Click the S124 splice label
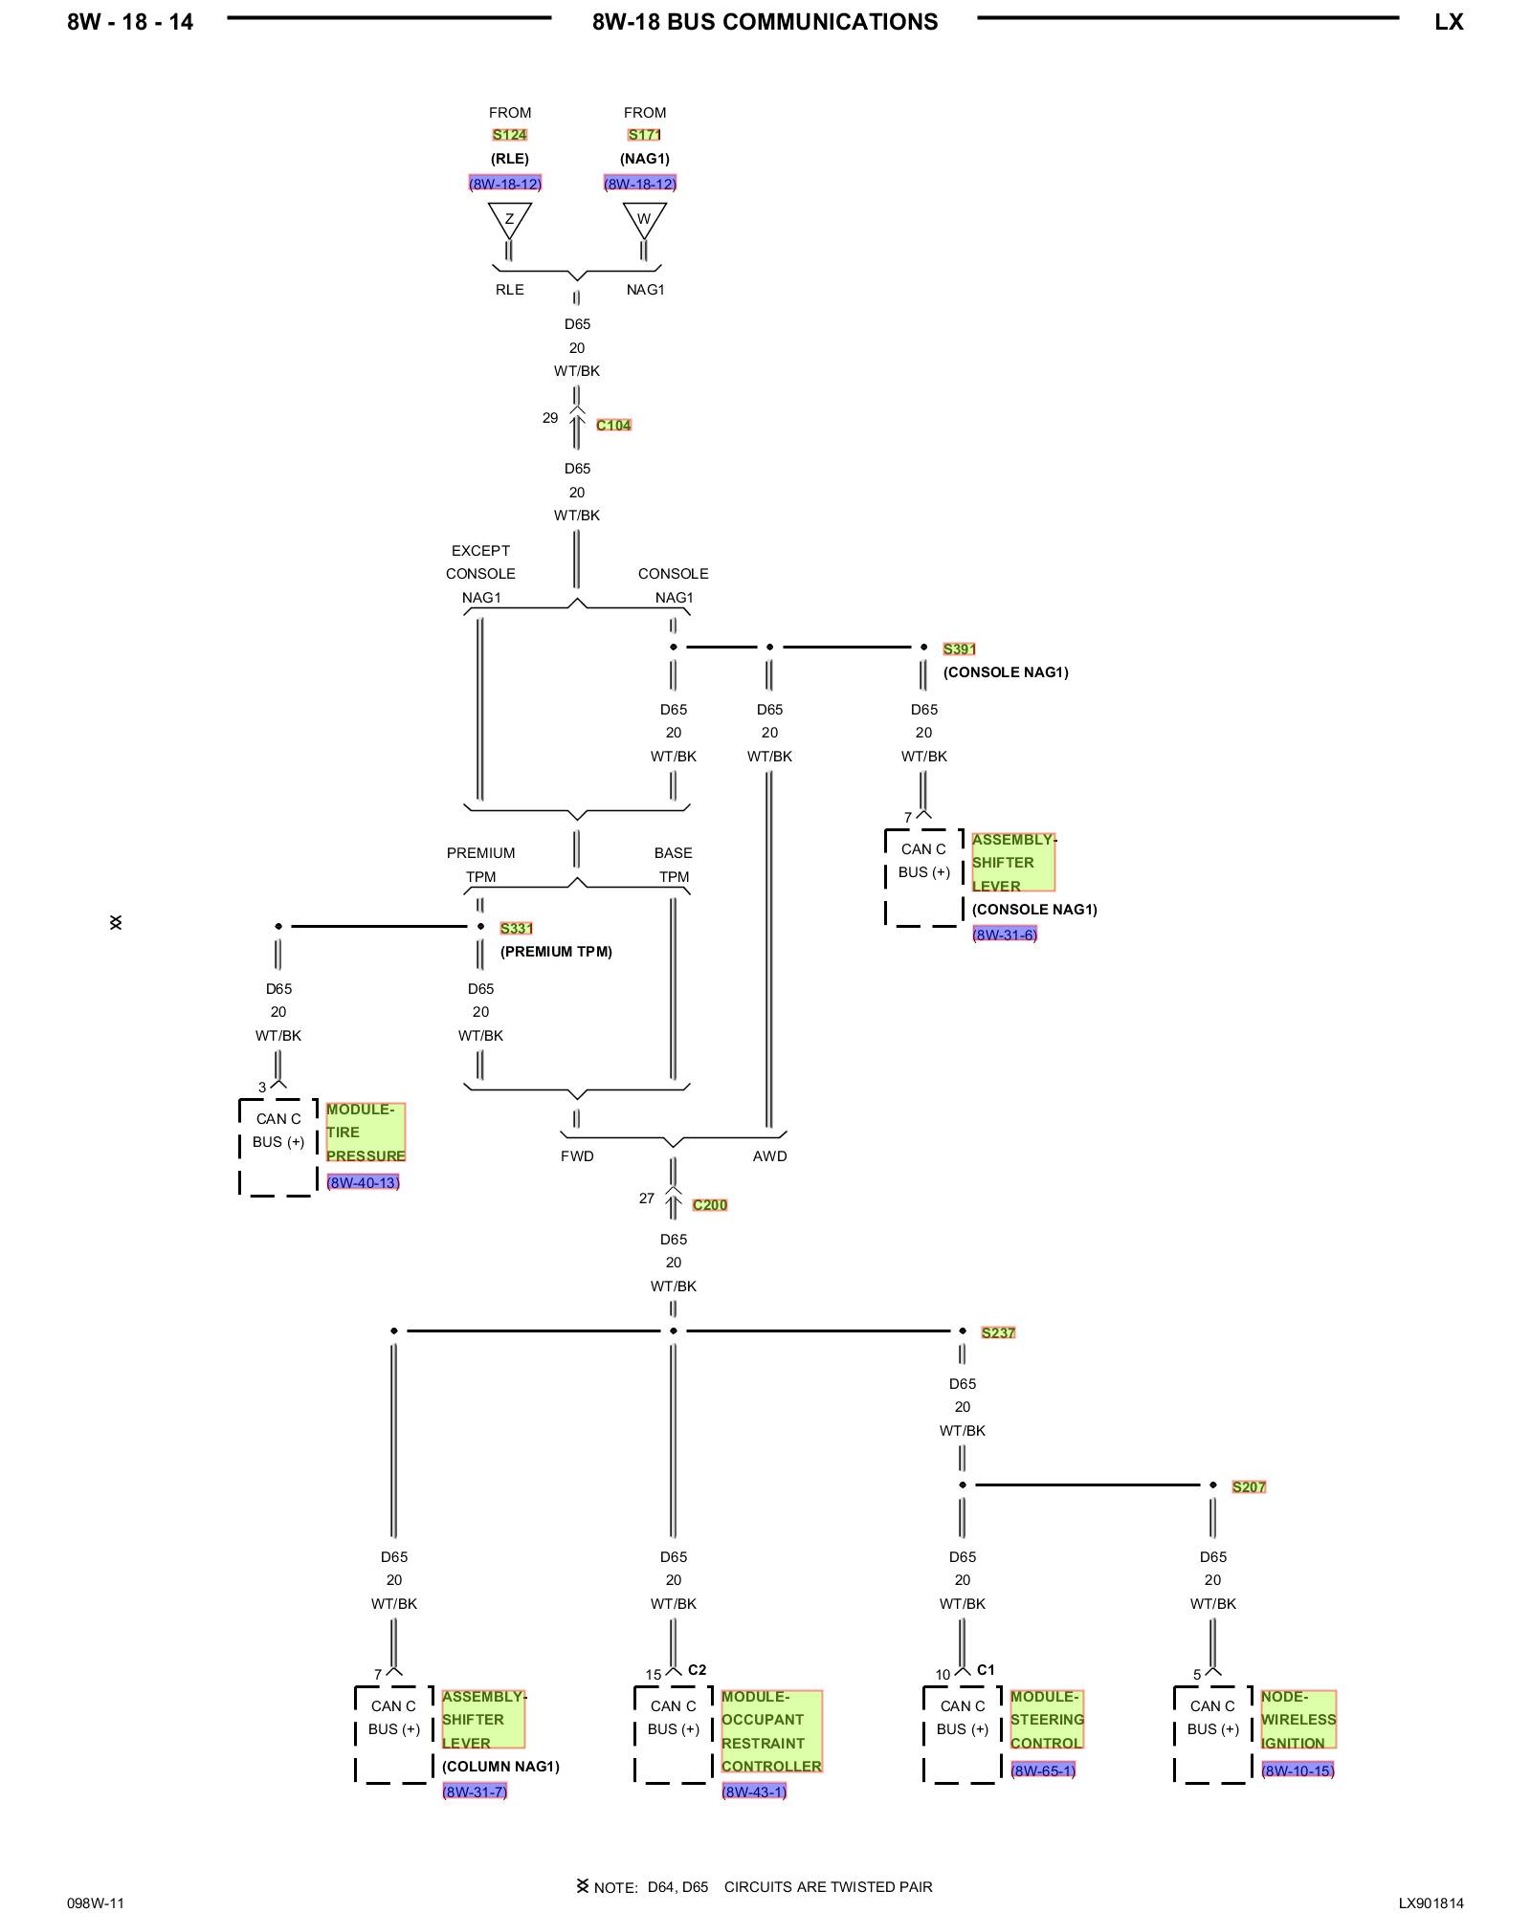(x=510, y=135)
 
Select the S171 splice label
(x=644, y=135)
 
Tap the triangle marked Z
(x=509, y=219)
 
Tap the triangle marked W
(x=644, y=219)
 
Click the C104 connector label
(x=613, y=426)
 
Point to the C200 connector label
(x=710, y=1205)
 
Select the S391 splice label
(x=960, y=649)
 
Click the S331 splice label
(x=517, y=929)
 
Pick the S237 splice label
(x=998, y=1333)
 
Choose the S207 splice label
(x=1249, y=1487)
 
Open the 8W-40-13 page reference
(x=363, y=1183)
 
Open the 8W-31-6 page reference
(x=1005, y=935)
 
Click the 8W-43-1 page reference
(x=754, y=1792)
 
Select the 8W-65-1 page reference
(x=1043, y=1770)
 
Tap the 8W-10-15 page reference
(x=1298, y=1770)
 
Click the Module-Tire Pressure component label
(x=366, y=1132)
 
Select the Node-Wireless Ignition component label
(x=1298, y=1720)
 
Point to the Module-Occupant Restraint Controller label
(x=771, y=1731)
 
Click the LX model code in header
(x=1449, y=22)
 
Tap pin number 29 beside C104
(x=550, y=418)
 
